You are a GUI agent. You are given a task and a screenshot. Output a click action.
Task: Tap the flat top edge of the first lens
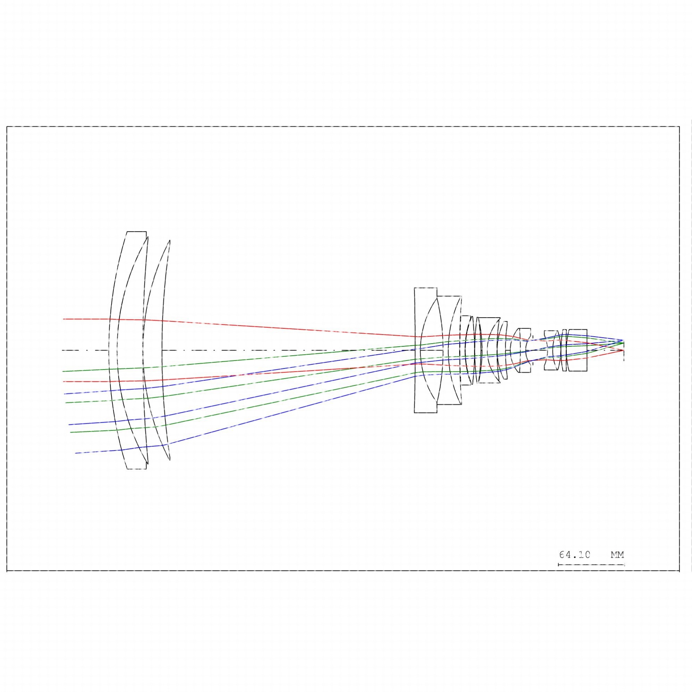(x=136, y=232)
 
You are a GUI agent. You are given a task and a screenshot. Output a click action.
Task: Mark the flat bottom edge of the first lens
(x=136, y=469)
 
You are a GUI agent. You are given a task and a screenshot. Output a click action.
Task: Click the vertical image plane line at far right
(x=624, y=350)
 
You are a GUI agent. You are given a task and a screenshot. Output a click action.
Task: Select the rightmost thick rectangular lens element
(x=577, y=350)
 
